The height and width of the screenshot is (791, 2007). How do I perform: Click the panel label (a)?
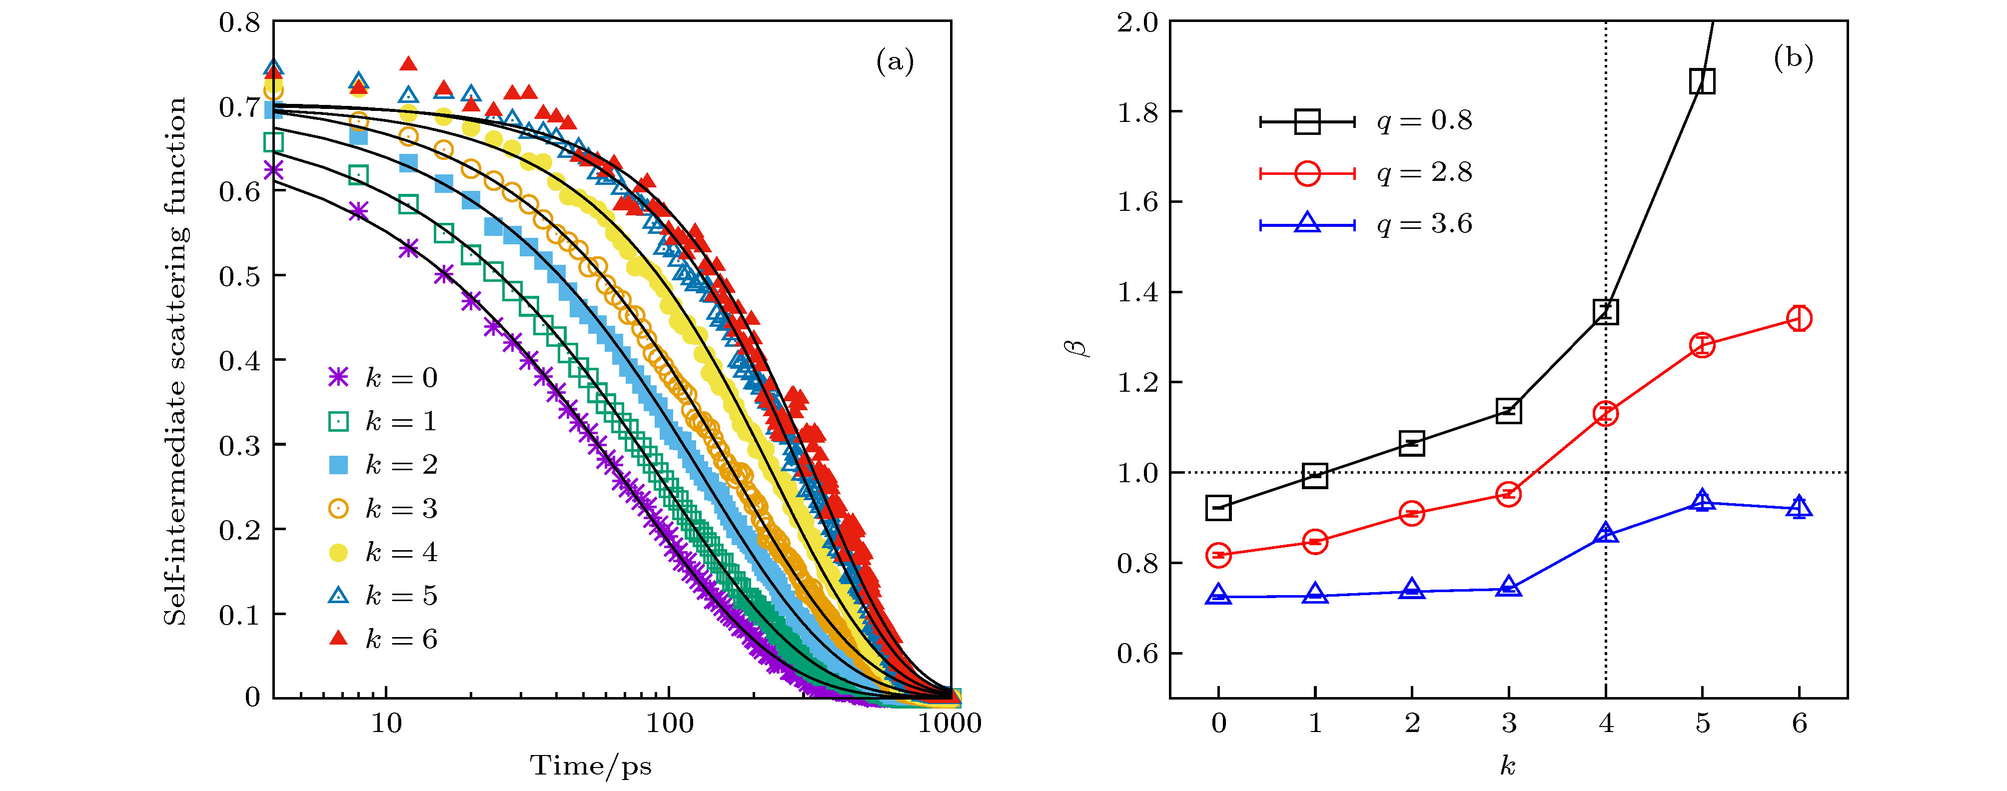pyautogui.click(x=895, y=61)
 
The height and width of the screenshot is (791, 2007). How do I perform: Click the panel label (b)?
pyautogui.click(x=1793, y=57)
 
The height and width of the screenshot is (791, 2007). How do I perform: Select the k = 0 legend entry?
pyautogui.click(x=382, y=378)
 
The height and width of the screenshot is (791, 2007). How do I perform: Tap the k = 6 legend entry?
pyautogui.click(x=382, y=639)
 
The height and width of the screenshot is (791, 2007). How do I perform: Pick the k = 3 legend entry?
pyautogui.click(x=382, y=509)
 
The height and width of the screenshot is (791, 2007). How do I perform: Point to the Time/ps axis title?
pyautogui.click(x=591, y=766)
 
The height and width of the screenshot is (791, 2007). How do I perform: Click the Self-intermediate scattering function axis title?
pyautogui.click(x=175, y=360)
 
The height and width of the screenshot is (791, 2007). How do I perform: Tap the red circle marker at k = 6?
pyautogui.click(x=1799, y=318)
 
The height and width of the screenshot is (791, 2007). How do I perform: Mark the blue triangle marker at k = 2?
pyautogui.click(x=1412, y=590)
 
